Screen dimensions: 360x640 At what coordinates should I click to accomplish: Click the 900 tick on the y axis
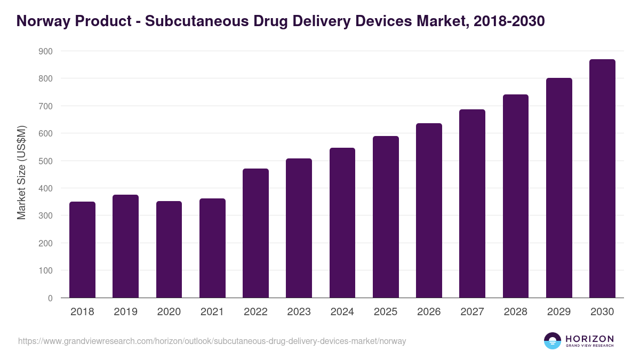click(x=46, y=51)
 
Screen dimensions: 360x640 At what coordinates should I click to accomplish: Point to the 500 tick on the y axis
click(x=46, y=161)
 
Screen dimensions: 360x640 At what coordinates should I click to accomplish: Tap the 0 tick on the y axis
click(x=50, y=298)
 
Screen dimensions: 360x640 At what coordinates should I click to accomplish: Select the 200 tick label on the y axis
click(x=46, y=243)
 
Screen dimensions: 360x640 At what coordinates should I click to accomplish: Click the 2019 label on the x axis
click(x=125, y=312)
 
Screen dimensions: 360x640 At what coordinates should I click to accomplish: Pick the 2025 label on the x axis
click(x=386, y=312)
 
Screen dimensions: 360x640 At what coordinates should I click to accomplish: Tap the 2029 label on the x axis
click(x=559, y=312)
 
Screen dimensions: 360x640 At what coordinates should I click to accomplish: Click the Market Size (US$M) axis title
click(x=21, y=172)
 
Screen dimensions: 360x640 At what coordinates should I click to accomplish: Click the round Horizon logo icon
click(x=553, y=341)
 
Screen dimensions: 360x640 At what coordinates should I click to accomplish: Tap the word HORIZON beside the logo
click(x=589, y=339)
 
